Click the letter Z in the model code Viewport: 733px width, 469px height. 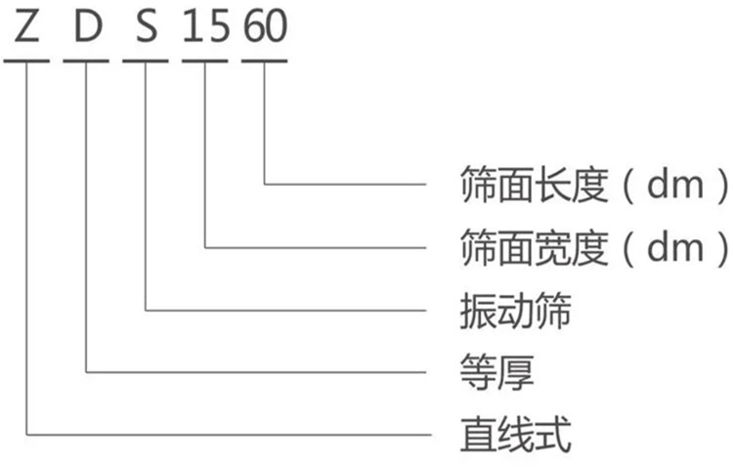coord(26,26)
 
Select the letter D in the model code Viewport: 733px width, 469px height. coord(88,26)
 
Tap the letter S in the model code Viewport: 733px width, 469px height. coord(147,26)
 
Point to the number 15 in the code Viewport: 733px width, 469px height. coord(206,26)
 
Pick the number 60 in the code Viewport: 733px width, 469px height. coord(265,26)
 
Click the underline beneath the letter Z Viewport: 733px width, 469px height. coord(26,61)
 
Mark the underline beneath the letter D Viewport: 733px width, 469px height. coord(86,61)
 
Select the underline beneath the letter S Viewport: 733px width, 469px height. coord(146,61)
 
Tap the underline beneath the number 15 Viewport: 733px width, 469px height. coord(205,61)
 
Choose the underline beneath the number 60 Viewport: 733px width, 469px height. coord(264,61)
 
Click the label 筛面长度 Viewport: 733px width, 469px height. coord(534,185)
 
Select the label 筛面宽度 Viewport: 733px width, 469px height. coord(534,247)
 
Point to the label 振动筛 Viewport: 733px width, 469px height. coord(516,311)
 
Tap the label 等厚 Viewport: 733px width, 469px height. coord(496,373)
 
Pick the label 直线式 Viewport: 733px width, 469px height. coord(516,436)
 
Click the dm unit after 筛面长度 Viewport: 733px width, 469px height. coord(675,185)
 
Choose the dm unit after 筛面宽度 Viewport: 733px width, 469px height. coord(675,248)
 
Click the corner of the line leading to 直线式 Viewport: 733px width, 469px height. coord(26,435)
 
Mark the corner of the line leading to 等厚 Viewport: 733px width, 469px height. coord(86,372)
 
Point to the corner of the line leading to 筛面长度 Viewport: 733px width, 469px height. coord(264,184)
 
